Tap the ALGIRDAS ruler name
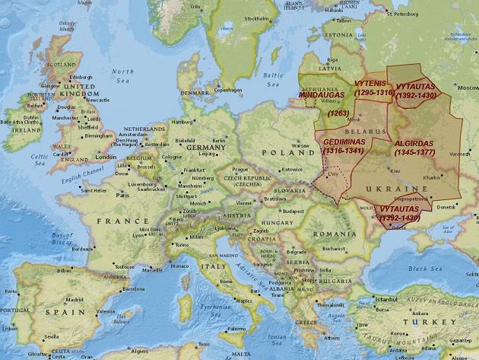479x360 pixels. coord(414,143)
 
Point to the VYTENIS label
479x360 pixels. coord(373,83)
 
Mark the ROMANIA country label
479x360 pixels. coord(336,234)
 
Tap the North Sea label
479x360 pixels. coord(122,75)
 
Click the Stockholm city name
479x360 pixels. coord(258,18)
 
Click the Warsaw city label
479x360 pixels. coord(302,145)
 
